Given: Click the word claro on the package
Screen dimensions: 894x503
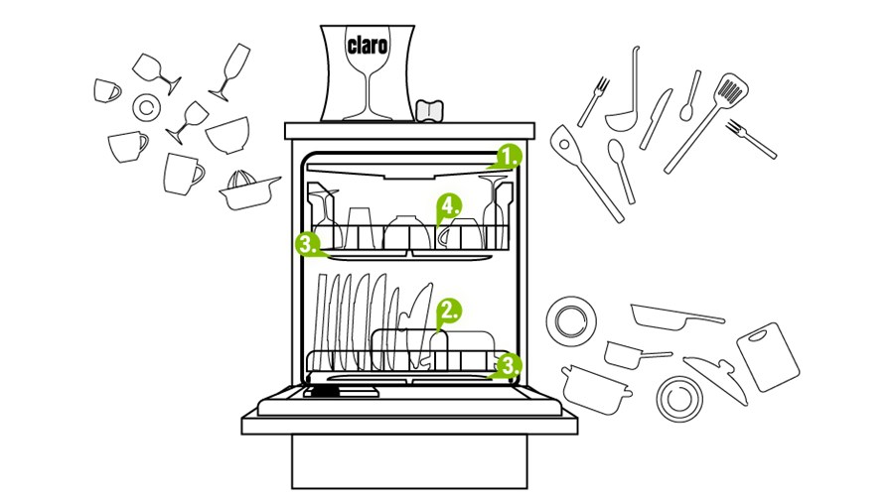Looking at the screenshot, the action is coord(368,45).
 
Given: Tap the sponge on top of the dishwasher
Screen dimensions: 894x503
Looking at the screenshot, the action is coord(430,110).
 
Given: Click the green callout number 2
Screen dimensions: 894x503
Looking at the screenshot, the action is coord(449,311).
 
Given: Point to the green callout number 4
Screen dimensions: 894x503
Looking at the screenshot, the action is coord(449,206).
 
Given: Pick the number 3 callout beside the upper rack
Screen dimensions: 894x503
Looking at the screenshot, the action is coord(307,244).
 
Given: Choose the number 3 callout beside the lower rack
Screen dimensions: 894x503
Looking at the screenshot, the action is coord(510,365).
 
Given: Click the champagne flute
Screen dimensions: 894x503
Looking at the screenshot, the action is coord(230,71).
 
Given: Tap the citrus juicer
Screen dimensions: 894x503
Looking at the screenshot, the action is coord(249,190).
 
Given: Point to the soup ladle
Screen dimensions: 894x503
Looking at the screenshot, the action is coord(623,91).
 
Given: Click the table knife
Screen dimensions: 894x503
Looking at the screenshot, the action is coord(656,119).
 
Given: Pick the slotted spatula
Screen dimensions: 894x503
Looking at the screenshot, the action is coord(706,122).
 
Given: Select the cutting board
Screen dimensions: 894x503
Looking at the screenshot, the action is coord(768,356).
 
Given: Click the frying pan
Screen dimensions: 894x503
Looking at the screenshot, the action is coord(676,316).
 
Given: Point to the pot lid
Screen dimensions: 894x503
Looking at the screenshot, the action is coord(716,379).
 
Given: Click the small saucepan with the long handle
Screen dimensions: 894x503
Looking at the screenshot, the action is coord(637,354).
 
